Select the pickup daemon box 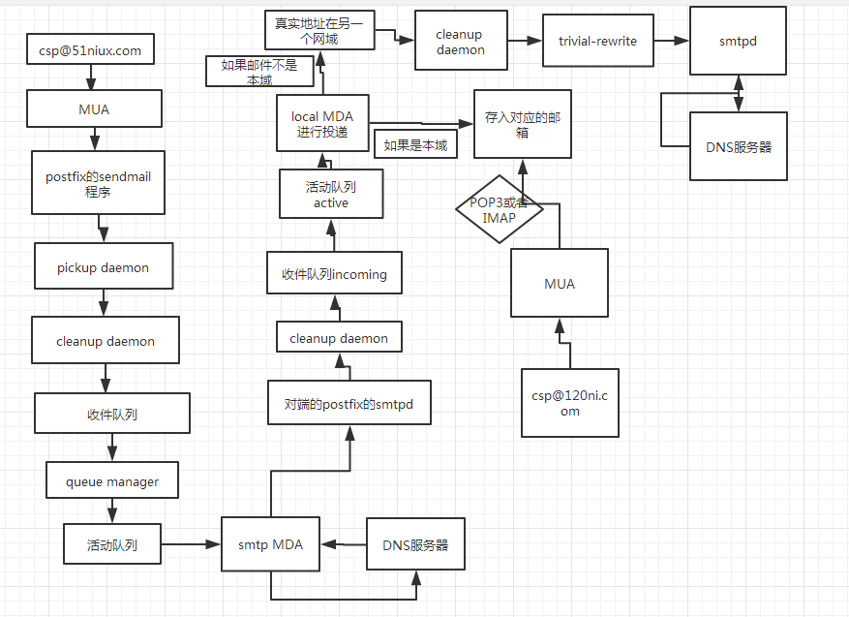point(103,267)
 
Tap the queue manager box point(112,480)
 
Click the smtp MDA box point(270,544)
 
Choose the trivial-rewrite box point(597,41)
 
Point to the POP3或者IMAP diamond point(499,210)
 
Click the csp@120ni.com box point(569,402)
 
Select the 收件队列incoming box point(334,274)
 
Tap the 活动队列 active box point(331,194)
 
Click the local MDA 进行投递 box point(322,124)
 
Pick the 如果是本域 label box point(415,145)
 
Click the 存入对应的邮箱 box point(522,123)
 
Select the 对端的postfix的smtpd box point(349,403)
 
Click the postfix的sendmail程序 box point(98,183)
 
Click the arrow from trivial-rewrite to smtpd point(670,41)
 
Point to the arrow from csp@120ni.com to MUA point(559,343)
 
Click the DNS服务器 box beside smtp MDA point(415,544)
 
